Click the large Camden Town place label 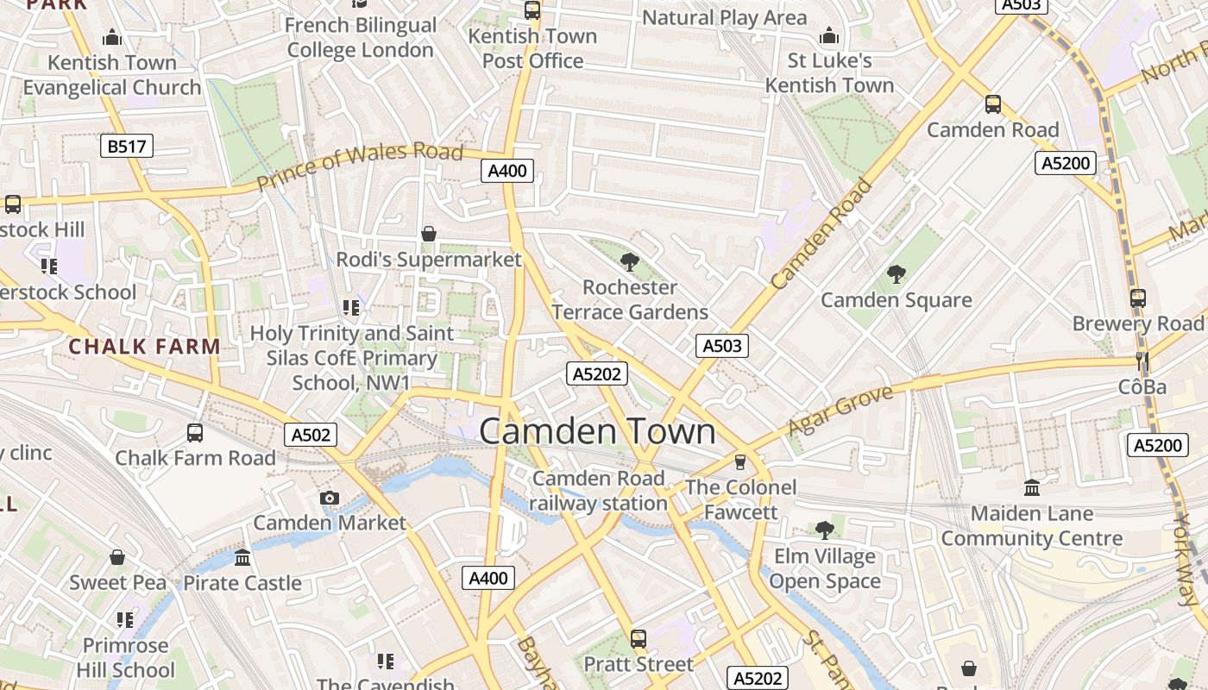tap(597, 431)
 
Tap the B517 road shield tap(127, 146)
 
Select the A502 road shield tap(311, 435)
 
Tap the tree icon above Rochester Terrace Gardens tap(630, 260)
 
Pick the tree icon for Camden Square tap(897, 274)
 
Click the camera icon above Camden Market tap(329, 498)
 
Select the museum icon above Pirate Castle tap(242, 557)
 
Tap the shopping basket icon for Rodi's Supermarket tap(429, 234)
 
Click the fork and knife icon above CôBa tap(1142, 361)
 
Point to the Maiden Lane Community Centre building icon tap(1032, 488)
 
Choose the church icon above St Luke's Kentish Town tap(829, 35)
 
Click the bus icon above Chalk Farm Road tap(195, 432)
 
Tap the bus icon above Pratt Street tap(639, 638)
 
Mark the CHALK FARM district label tap(144, 347)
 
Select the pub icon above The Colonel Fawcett tap(739, 461)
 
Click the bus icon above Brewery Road tap(1138, 298)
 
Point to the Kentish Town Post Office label tap(532, 48)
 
